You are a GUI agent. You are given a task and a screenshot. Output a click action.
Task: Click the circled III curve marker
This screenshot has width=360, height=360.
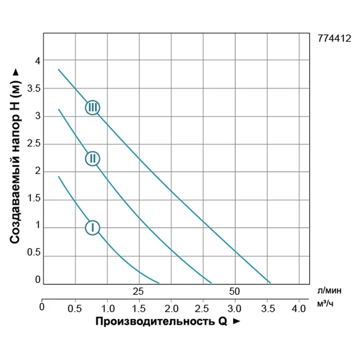(x=93, y=108)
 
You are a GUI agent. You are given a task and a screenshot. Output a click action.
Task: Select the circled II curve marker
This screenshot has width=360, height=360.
(x=93, y=158)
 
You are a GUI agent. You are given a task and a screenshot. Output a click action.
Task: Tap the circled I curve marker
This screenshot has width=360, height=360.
(x=93, y=228)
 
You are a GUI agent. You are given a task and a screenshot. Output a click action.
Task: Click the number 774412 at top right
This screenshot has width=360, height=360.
(x=334, y=39)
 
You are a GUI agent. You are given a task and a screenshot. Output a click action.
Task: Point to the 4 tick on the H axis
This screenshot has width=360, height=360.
(x=38, y=60)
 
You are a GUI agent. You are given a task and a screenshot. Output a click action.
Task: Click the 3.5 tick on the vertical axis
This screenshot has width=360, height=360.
(x=34, y=88)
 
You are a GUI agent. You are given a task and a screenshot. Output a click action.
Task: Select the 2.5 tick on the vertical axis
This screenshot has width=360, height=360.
(x=34, y=144)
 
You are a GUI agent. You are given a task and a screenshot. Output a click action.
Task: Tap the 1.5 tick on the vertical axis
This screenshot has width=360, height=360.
(x=34, y=199)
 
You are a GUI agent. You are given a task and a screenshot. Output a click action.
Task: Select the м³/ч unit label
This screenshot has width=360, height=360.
(x=325, y=304)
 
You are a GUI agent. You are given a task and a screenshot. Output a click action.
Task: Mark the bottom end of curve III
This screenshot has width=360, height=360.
(x=270, y=283)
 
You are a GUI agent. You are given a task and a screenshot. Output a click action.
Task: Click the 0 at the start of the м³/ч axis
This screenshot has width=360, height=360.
(x=42, y=308)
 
